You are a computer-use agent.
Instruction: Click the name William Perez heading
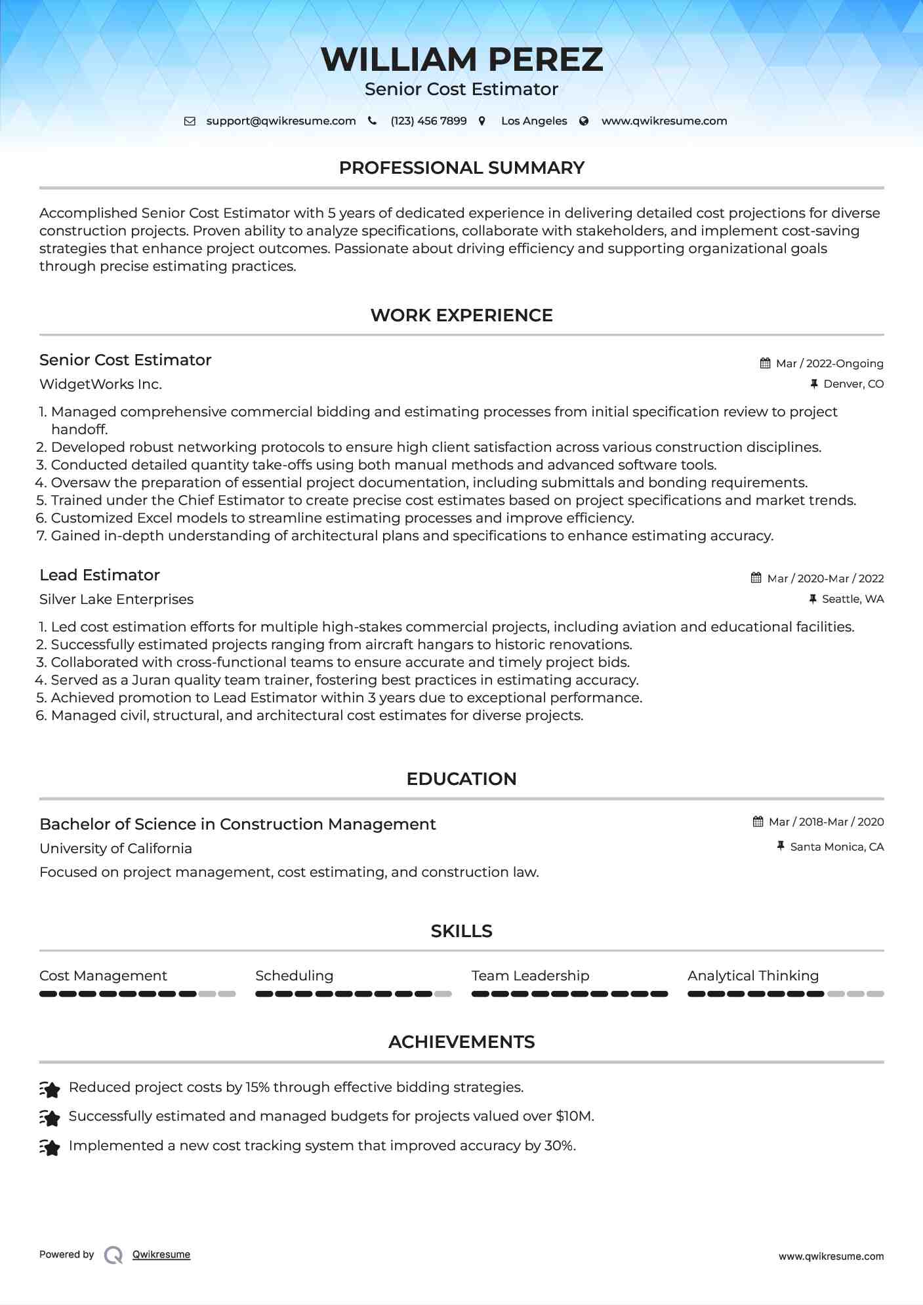[x=461, y=60]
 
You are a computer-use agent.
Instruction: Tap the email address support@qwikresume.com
[x=281, y=121]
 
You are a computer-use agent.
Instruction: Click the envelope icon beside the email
[x=190, y=121]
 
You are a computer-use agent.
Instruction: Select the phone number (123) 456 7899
[x=428, y=121]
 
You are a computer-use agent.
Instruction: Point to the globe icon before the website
[x=584, y=121]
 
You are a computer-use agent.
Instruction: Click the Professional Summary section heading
[x=461, y=168]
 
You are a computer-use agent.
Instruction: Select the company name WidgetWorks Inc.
[x=100, y=384]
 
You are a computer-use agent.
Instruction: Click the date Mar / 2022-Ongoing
[x=829, y=363]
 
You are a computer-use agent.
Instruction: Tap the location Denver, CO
[x=853, y=384]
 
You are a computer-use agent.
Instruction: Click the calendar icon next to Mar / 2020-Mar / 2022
[x=756, y=578]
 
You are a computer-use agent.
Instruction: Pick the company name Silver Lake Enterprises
[x=116, y=599]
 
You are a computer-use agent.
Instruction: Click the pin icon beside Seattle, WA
[x=813, y=599]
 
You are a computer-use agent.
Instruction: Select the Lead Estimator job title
[x=100, y=575]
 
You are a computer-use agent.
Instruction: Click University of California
[x=115, y=849]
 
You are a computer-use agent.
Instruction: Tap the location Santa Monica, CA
[x=836, y=847]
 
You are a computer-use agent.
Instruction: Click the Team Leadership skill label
[x=530, y=976]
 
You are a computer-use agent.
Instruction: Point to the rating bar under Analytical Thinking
[x=785, y=994]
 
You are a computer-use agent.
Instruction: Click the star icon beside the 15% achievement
[x=50, y=1089]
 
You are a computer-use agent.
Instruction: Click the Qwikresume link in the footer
[x=161, y=1255]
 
